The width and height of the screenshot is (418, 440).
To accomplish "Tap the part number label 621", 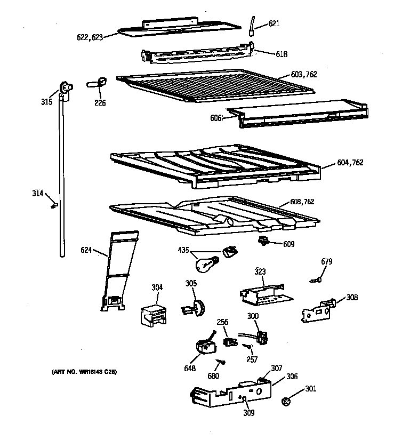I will (274, 23).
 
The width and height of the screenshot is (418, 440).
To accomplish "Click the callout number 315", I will (46, 101).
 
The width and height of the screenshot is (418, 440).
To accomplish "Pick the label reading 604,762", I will (350, 163).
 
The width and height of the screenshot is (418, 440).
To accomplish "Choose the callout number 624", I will (87, 250).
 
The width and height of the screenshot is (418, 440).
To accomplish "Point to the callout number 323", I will (260, 271).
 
